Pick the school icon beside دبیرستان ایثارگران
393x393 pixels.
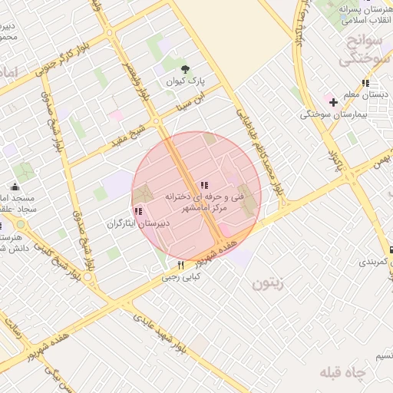point(138,211)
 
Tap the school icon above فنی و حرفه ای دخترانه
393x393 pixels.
point(203,185)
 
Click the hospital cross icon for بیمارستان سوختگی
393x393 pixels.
point(332,102)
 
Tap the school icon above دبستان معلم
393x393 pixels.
point(365,83)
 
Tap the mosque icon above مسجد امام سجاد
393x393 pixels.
point(15,186)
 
